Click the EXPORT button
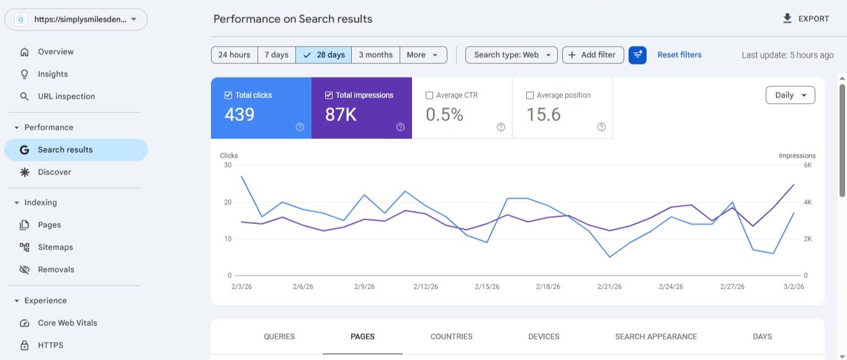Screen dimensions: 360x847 [x=805, y=19]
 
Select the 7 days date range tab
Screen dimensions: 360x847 [x=276, y=55]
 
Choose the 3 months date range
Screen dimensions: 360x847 [x=375, y=55]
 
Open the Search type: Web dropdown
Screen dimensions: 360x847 [x=511, y=55]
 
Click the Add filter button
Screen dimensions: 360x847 [x=593, y=55]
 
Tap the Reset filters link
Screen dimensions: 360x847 [x=679, y=55]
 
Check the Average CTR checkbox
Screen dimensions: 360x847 [x=429, y=96]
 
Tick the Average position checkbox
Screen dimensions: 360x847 [x=530, y=96]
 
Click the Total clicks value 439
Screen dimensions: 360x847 [x=240, y=115]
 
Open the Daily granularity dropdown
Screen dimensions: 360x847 [x=790, y=95]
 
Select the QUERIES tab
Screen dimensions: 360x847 [x=279, y=336]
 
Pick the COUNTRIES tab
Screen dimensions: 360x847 [x=451, y=336]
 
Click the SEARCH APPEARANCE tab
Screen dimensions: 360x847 [x=656, y=336]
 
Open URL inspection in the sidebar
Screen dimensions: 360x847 [x=66, y=96]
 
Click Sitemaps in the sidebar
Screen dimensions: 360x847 [x=55, y=247]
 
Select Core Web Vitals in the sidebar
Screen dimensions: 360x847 [x=68, y=323]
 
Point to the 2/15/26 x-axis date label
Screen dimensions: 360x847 [x=487, y=287]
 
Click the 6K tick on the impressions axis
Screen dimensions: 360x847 [x=807, y=165]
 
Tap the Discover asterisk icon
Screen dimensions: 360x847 [x=25, y=172]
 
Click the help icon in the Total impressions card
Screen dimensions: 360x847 [x=400, y=127]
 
